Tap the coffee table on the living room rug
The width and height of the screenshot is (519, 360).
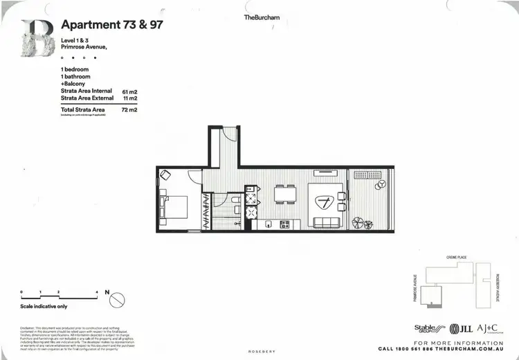coord(325,201)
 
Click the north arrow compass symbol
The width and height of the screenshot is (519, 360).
coord(116,300)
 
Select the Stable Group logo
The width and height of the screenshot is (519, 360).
coord(427,329)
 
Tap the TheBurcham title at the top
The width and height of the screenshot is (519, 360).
coord(260,17)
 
